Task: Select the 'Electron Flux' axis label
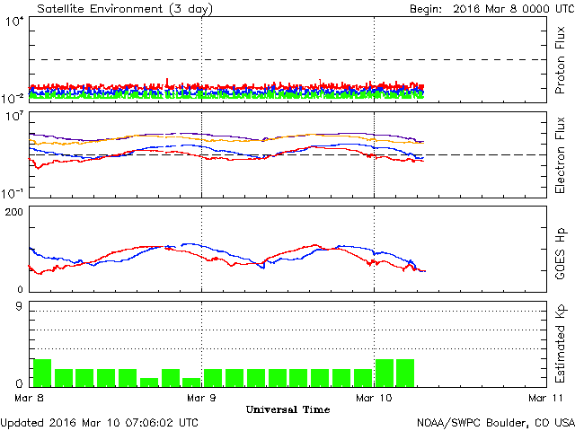(560, 153)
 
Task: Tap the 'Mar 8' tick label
(30, 397)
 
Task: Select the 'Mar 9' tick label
(202, 397)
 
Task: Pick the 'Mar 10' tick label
(374, 397)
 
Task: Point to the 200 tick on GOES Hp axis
(15, 212)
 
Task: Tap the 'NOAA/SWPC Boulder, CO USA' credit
(495, 422)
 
